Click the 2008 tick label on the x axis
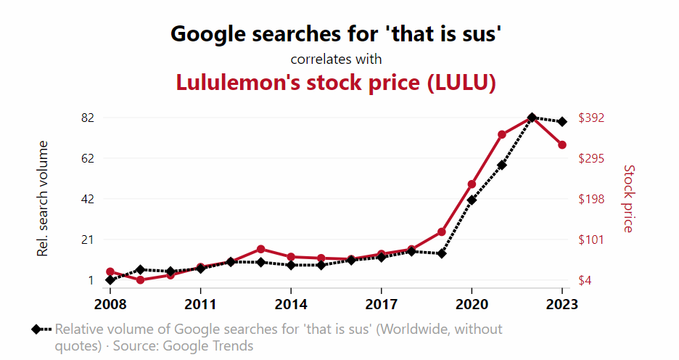(x=110, y=303)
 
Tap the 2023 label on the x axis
(x=562, y=303)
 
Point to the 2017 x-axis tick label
(x=382, y=303)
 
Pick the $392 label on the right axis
(x=595, y=118)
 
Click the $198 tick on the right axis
(x=595, y=199)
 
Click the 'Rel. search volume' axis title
(x=43, y=198)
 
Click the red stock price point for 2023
(x=562, y=145)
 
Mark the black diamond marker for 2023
(x=562, y=121)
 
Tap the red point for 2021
(x=502, y=135)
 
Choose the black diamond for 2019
(x=442, y=253)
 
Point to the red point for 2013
(x=261, y=249)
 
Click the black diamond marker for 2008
(x=110, y=280)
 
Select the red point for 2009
(x=140, y=280)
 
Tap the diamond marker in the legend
(x=36, y=330)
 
